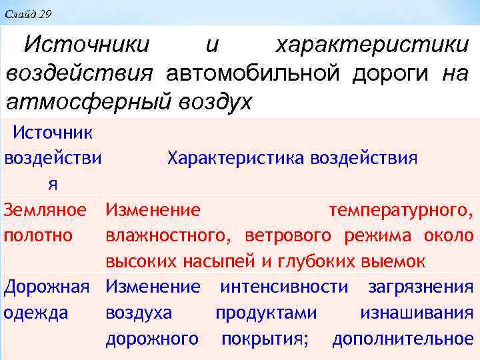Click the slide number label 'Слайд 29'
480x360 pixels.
[27, 13]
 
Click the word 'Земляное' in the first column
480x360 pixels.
[45, 211]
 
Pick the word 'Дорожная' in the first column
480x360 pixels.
[47, 287]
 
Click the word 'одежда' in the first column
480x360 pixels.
[36, 313]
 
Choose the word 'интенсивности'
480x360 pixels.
[284, 287]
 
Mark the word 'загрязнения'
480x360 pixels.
[420, 287]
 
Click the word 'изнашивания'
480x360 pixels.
[417, 313]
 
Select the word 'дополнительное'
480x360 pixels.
[403, 339]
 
